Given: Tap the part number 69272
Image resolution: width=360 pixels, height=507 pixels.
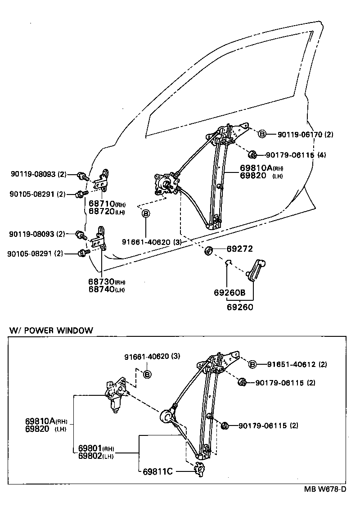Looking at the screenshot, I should pyautogui.click(x=239, y=249).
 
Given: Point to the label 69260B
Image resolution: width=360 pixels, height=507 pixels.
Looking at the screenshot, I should pyautogui.click(x=229, y=293).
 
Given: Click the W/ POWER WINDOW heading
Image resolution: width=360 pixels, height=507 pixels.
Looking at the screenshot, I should pyautogui.click(x=51, y=330).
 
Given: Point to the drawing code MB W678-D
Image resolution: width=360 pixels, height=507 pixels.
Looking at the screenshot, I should pyautogui.click(x=324, y=489).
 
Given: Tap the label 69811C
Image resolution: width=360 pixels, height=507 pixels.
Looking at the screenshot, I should pyautogui.click(x=158, y=471).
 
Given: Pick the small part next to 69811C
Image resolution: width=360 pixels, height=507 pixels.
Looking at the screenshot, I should pyautogui.click(x=198, y=469).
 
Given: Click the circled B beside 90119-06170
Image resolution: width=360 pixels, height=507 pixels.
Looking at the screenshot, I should pyautogui.click(x=262, y=134).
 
